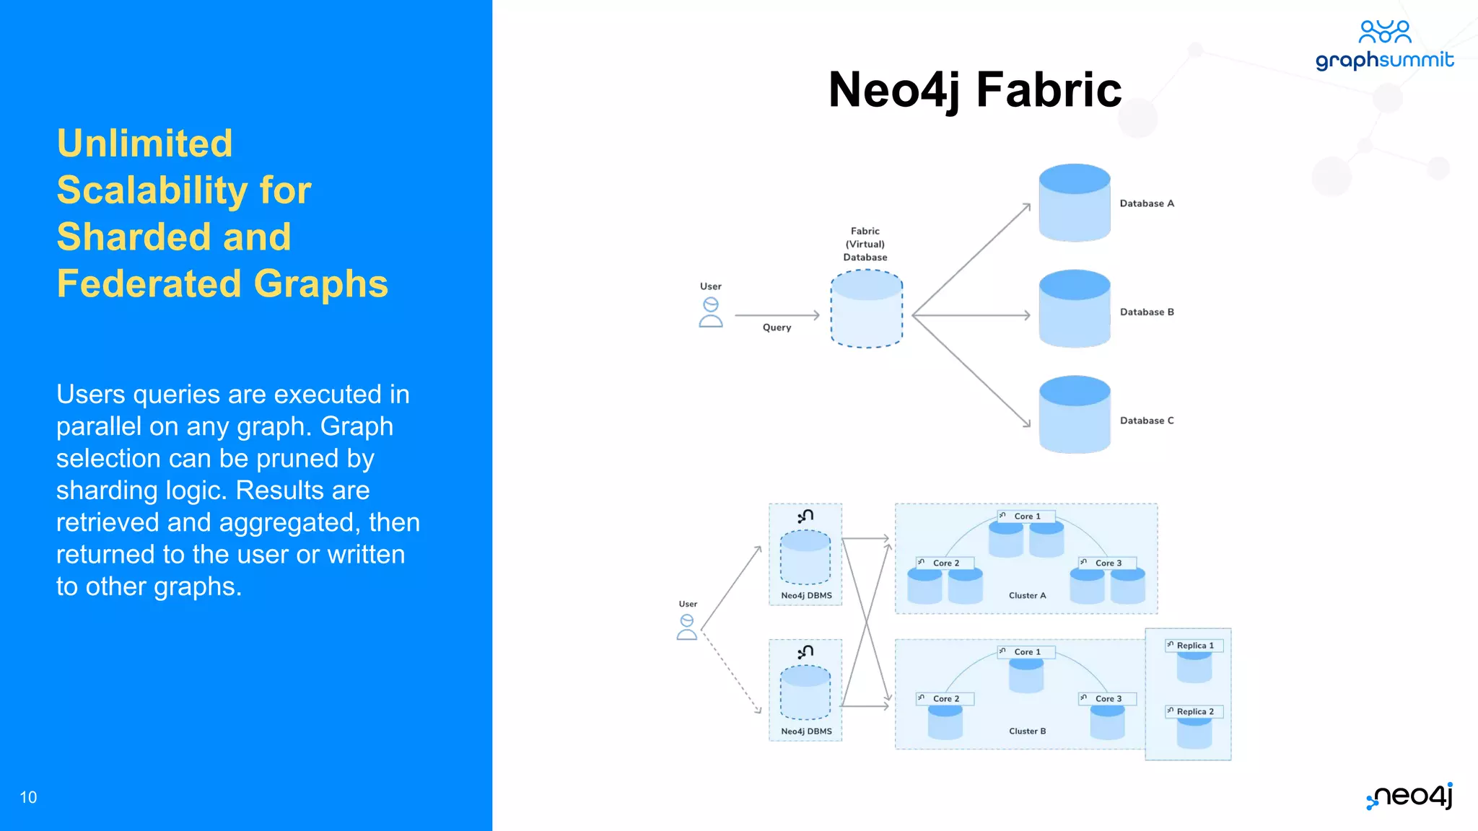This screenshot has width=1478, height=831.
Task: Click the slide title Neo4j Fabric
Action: point(974,90)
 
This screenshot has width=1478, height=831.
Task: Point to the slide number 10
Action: point(28,797)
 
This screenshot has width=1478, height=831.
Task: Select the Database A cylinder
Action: point(1074,203)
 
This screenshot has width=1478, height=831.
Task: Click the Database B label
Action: point(1147,312)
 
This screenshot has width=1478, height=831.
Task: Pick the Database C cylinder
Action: point(1074,415)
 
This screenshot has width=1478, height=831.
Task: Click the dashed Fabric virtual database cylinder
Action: point(866,309)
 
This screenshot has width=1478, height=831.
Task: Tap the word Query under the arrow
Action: point(777,327)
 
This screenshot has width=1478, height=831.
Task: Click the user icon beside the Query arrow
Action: point(710,313)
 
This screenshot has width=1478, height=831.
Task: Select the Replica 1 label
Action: point(1195,646)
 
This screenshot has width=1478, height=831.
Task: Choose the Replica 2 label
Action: point(1195,711)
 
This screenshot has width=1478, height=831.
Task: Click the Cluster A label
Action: point(1027,596)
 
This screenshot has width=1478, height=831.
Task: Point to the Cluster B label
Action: point(1027,731)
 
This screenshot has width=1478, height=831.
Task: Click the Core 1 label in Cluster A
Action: point(1027,516)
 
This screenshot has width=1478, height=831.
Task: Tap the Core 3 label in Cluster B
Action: point(1108,699)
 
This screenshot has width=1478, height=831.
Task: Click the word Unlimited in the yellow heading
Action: point(145,143)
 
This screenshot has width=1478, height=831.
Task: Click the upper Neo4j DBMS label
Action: point(806,596)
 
